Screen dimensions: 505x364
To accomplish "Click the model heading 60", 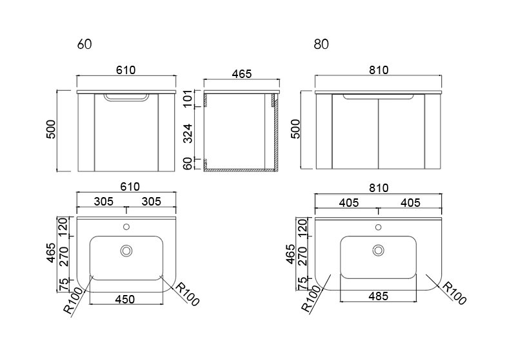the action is point(84,44).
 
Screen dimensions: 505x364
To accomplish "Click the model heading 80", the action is point(321,44).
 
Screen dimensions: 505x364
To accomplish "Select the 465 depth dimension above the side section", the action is point(242,74).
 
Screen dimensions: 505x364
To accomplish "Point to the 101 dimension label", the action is point(188,99).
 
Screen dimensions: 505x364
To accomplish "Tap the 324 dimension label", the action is point(188,133).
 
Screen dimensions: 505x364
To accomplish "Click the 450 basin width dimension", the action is point(125,300).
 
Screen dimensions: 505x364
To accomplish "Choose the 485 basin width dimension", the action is point(378,296).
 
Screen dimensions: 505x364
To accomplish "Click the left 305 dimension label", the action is point(104,202).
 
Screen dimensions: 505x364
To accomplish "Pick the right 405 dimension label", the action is point(410,203).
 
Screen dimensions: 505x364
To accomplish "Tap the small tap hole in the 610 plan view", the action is point(126,227).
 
